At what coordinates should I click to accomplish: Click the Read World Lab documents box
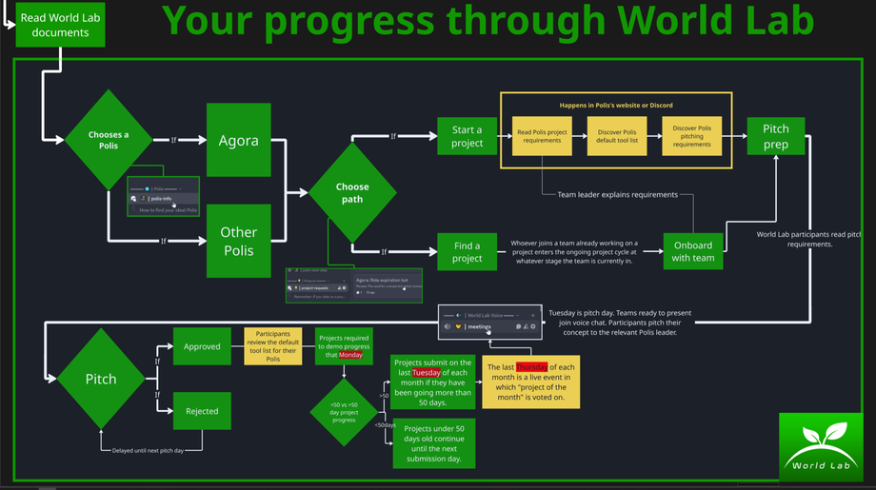pyautogui.click(x=60, y=25)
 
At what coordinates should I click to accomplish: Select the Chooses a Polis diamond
pyautogui.click(x=109, y=140)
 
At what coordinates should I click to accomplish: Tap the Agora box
pyautogui.click(x=238, y=140)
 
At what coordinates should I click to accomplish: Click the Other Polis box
pyautogui.click(x=238, y=241)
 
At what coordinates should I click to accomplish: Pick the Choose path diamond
pyautogui.click(x=352, y=192)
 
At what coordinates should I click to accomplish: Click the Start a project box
pyautogui.click(x=467, y=136)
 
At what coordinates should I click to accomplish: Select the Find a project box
pyautogui.click(x=467, y=251)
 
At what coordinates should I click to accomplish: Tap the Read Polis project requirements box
pyautogui.click(x=542, y=135)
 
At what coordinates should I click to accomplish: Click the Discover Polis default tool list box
pyautogui.click(x=617, y=135)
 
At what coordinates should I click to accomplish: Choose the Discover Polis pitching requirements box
pyautogui.click(x=692, y=135)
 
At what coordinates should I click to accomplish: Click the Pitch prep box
pyautogui.click(x=775, y=136)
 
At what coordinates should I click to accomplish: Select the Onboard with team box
pyautogui.click(x=692, y=251)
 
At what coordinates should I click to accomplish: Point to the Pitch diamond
pyautogui.click(x=101, y=379)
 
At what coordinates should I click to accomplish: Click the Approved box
pyautogui.click(x=202, y=346)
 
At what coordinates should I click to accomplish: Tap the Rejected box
pyautogui.click(x=202, y=411)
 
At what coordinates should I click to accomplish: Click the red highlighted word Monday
pyautogui.click(x=350, y=355)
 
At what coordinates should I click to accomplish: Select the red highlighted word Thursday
pyautogui.click(x=531, y=367)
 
